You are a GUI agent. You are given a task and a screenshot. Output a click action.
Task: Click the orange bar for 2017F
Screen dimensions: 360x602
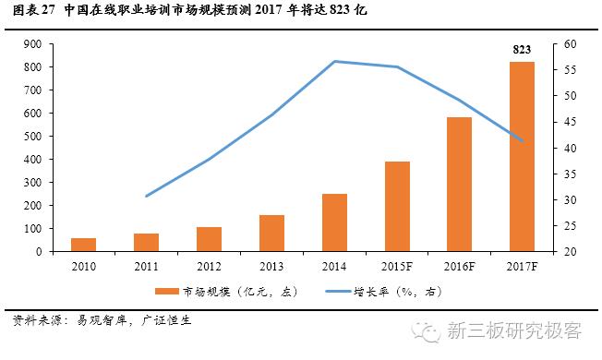coord(522,156)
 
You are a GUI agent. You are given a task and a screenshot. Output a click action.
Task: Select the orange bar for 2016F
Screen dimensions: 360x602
coord(459,184)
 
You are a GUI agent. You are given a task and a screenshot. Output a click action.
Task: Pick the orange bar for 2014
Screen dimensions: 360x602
coord(334,222)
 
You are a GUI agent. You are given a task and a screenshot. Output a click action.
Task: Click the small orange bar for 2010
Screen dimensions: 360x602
coord(83,244)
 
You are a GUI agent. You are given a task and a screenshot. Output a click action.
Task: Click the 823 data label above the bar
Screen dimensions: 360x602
coord(523,49)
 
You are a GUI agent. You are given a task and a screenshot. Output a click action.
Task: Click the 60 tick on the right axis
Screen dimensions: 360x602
coord(570,44)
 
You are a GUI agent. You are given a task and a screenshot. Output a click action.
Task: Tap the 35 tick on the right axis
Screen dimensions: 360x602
coord(570,174)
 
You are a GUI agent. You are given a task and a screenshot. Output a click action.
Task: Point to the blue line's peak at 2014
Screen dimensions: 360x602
coord(334,61)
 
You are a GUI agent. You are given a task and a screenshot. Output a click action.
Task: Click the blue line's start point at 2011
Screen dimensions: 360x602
coord(146,196)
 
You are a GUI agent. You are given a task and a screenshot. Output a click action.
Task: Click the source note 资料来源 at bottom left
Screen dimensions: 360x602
coord(37,323)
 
